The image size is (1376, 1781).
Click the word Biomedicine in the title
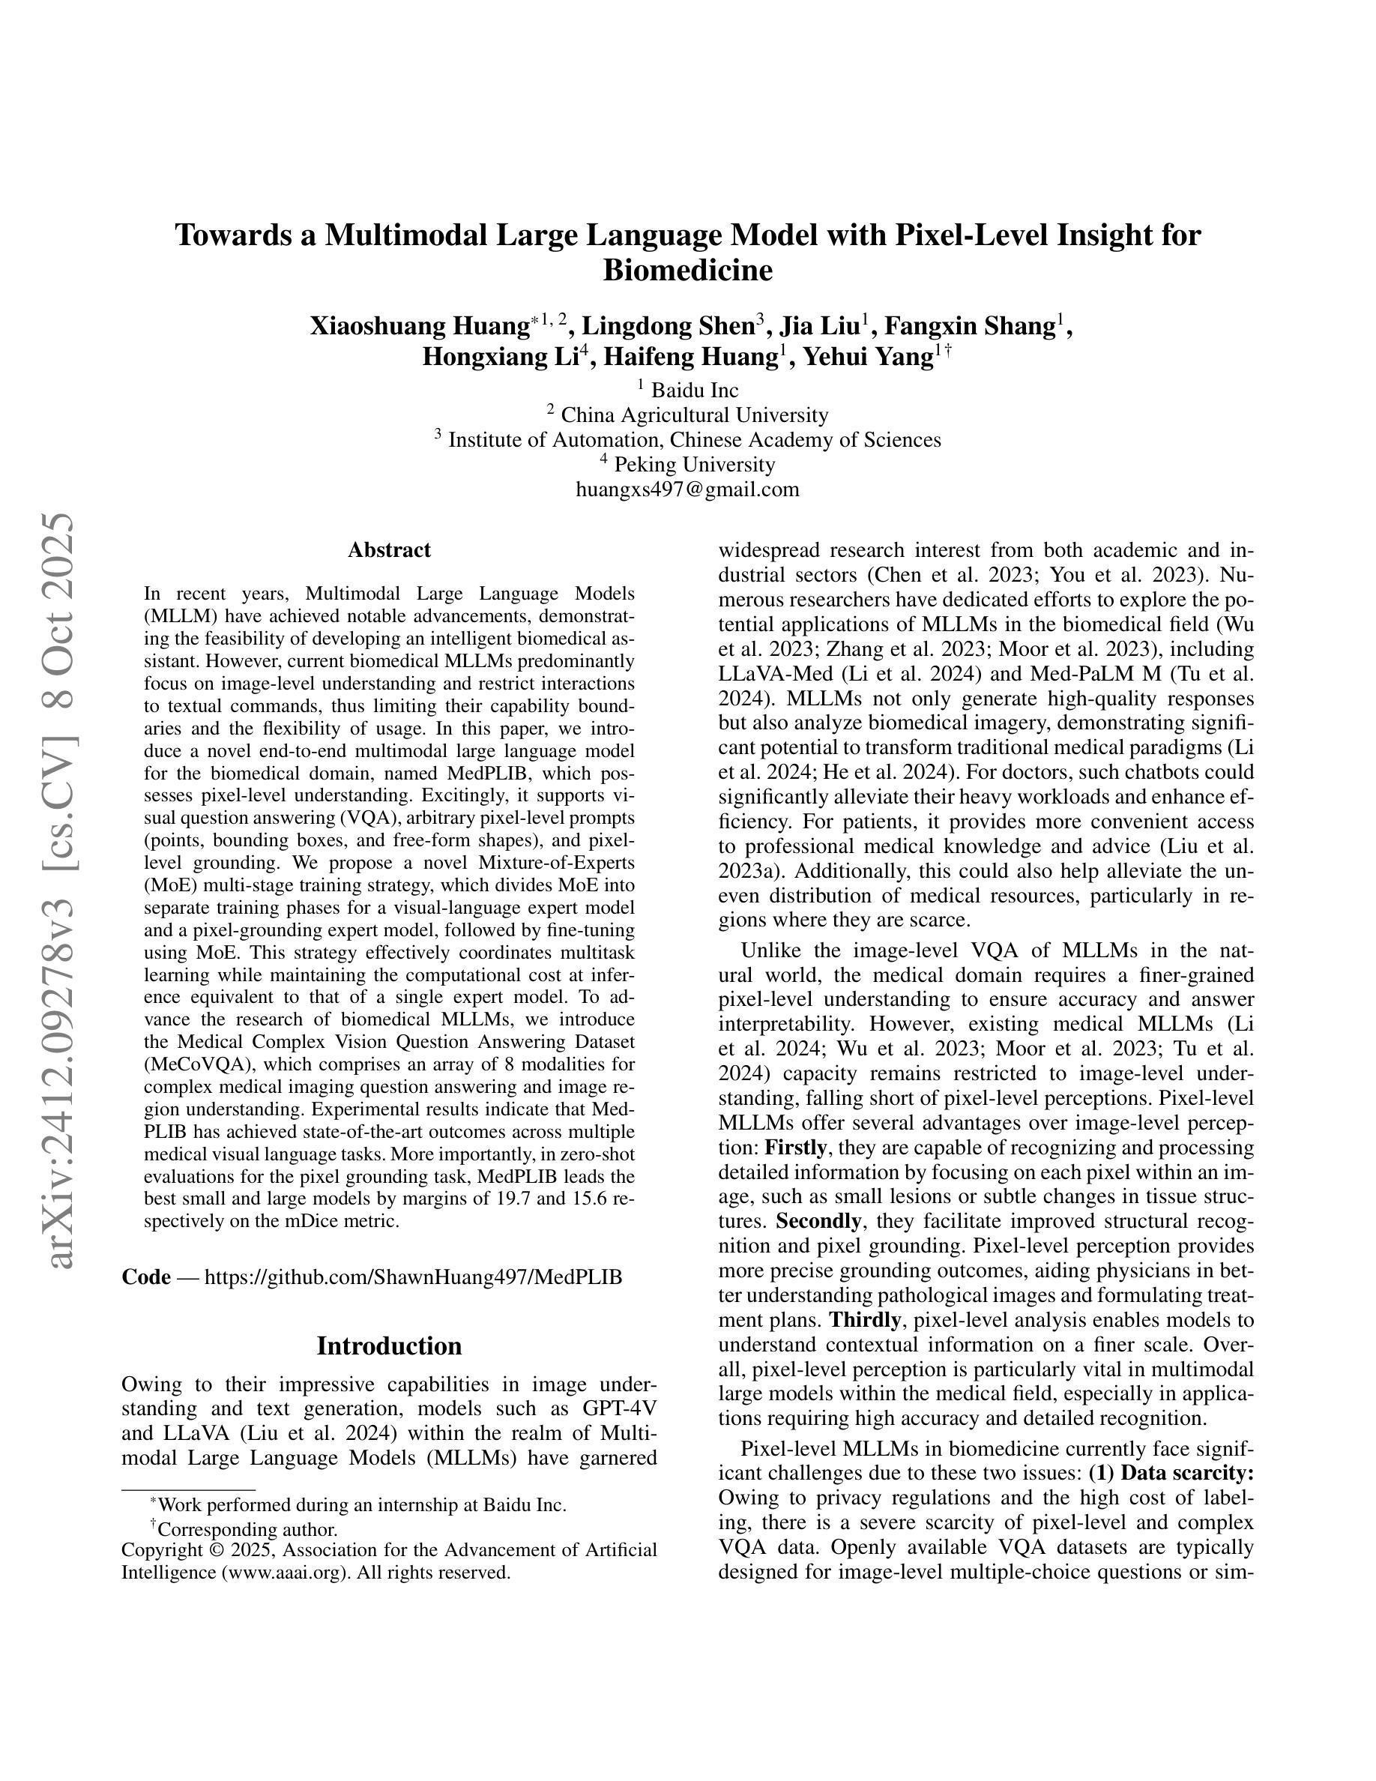(687, 270)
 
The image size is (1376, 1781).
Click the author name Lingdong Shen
(668, 326)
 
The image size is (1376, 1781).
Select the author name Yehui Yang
(867, 358)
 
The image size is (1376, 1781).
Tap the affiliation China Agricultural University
(694, 415)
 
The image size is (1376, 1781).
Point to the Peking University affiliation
(694, 465)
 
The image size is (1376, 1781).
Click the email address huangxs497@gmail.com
(687, 489)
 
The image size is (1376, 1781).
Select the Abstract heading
(389, 550)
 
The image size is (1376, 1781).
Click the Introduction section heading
(389, 1346)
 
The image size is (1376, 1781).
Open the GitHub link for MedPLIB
(412, 1277)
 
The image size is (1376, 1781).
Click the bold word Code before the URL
(146, 1277)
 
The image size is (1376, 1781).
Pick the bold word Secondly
(818, 1222)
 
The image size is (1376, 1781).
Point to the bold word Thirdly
(865, 1319)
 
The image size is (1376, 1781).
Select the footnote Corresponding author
(247, 1530)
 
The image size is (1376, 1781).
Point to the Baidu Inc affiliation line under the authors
(694, 390)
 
